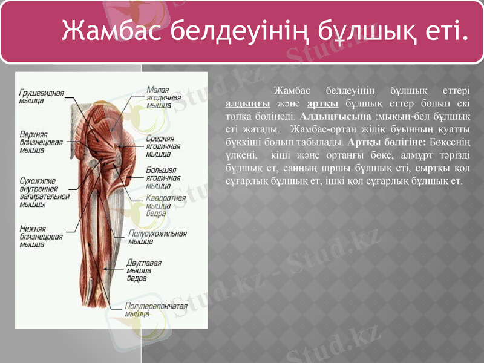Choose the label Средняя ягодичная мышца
pyautogui.click(x=163, y=145)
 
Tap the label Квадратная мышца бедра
pyautogui.click(x=165, y=206)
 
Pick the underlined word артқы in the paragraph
pyautogui.click(x=321, y=102)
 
